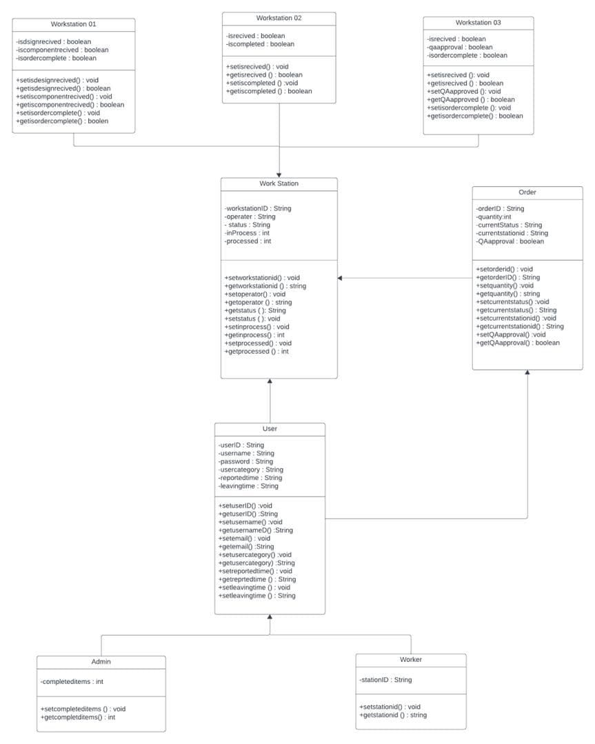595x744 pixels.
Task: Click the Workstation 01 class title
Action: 73,24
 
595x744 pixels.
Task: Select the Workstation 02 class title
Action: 279,18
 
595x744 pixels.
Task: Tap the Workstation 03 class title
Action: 478,23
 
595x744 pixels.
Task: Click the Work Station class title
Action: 279,183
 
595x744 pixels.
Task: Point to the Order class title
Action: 527,192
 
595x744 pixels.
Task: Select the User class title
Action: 270,429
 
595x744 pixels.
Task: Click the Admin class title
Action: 101,662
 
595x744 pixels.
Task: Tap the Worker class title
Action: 410,660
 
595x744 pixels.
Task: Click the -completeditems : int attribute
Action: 72,682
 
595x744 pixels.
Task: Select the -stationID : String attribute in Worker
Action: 385,680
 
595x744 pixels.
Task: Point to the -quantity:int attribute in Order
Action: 493,217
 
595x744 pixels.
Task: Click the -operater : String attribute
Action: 249,217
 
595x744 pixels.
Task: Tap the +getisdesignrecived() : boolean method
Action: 63,88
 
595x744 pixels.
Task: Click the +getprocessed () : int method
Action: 256,352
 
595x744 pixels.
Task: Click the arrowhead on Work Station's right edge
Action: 341,278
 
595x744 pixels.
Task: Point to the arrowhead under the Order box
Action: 527,373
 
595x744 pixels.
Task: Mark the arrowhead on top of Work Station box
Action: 279,174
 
